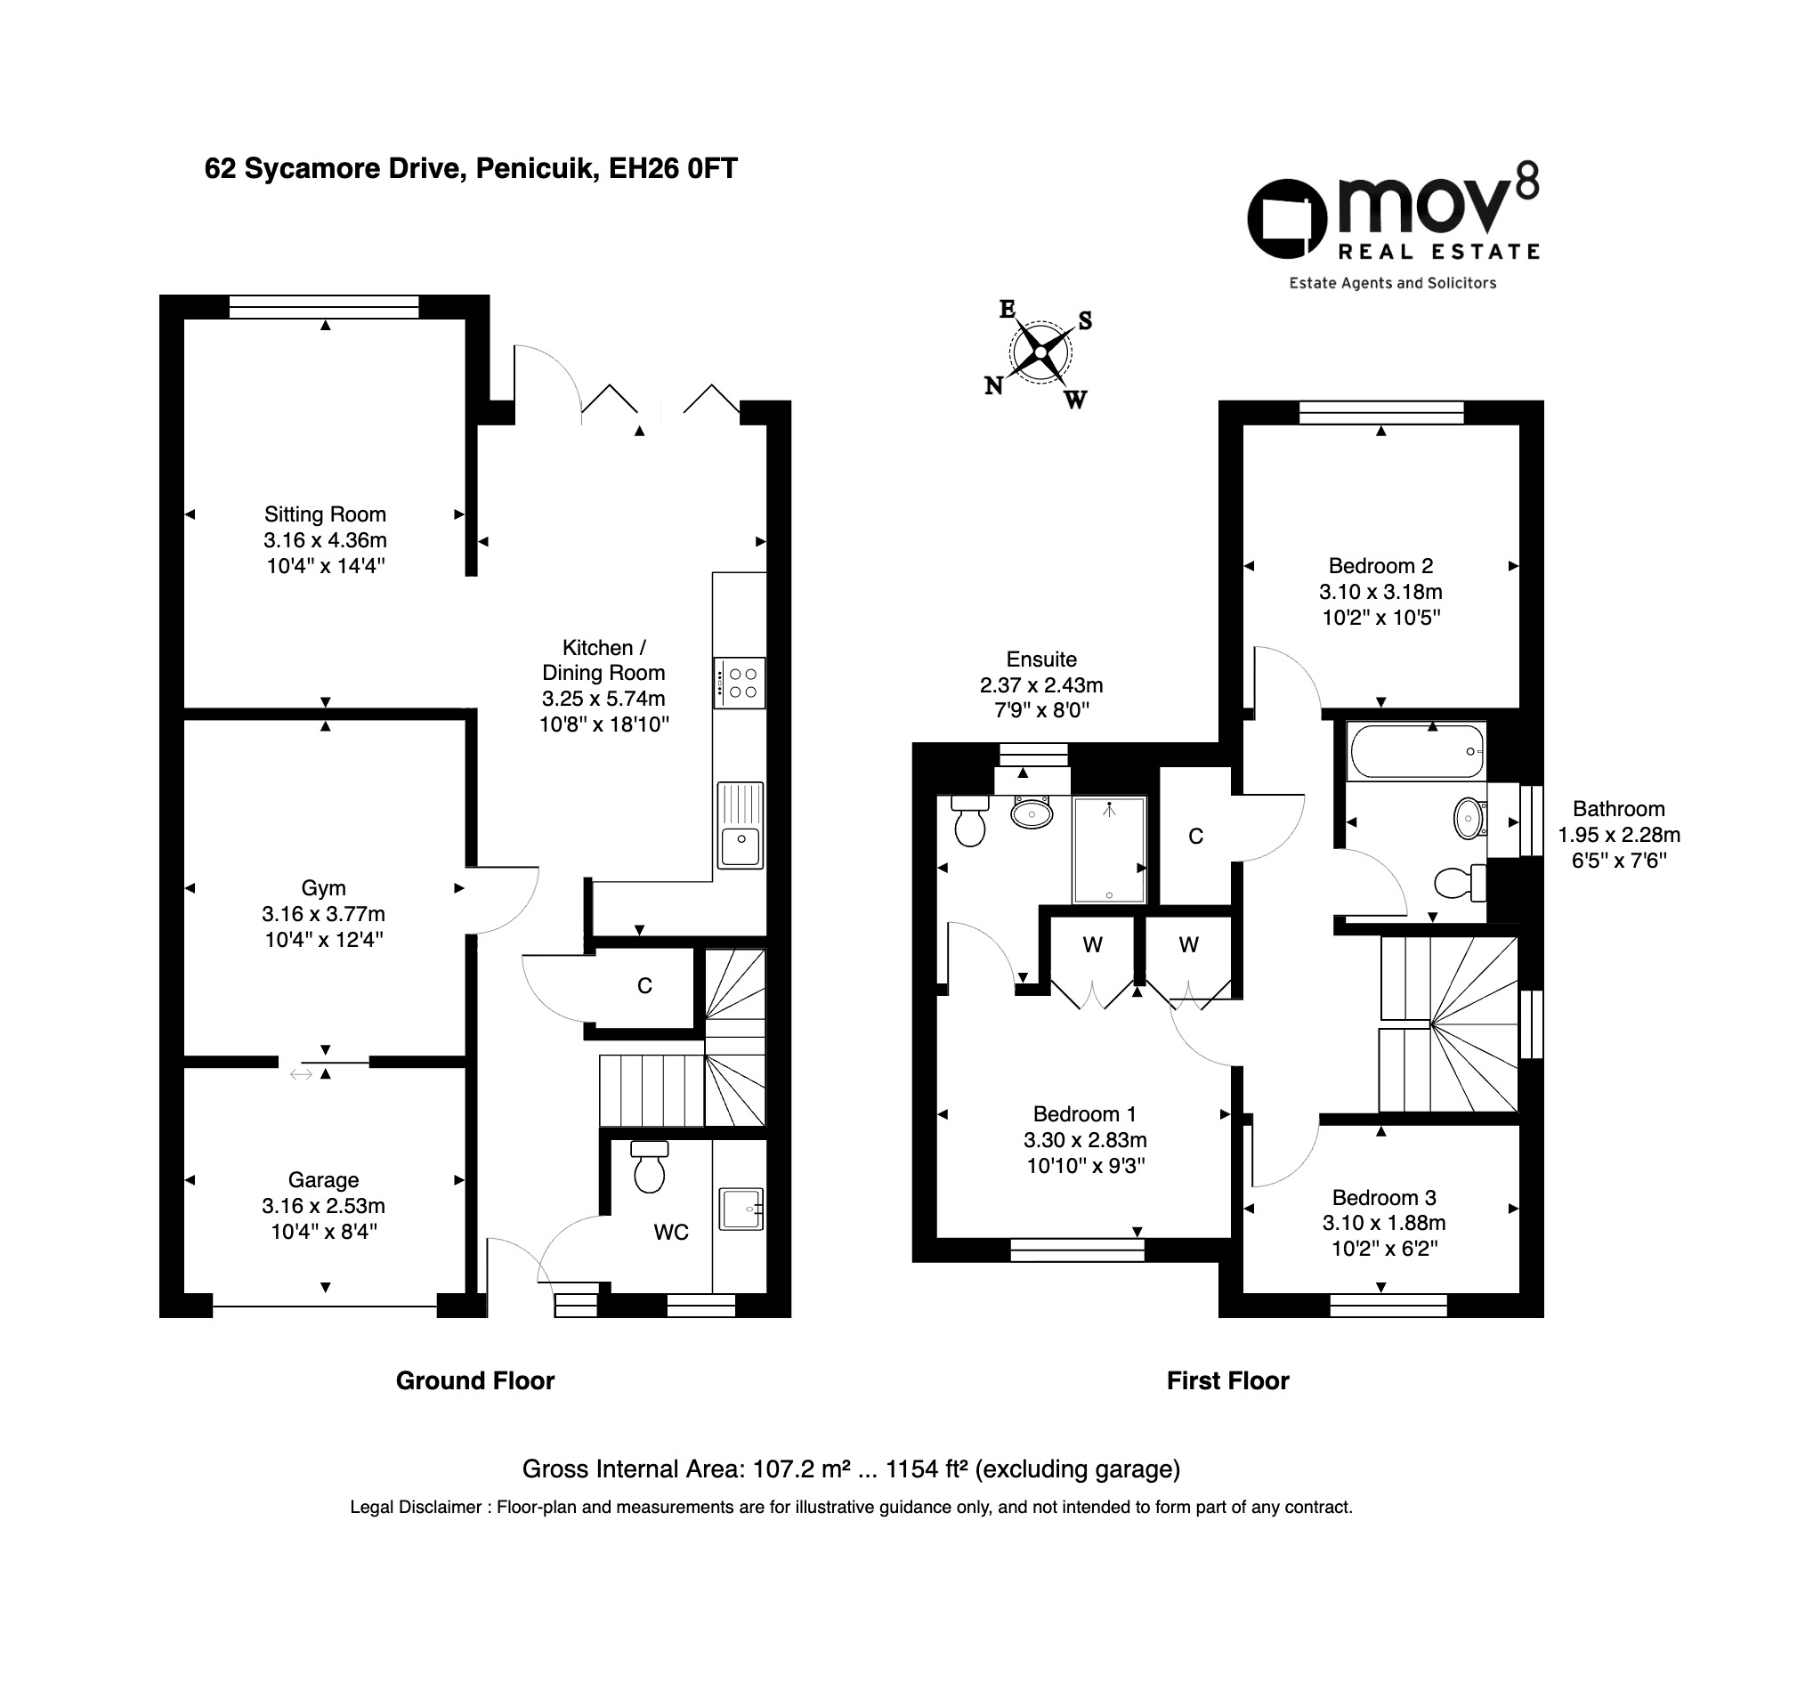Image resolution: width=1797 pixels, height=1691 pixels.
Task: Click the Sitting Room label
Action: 325,514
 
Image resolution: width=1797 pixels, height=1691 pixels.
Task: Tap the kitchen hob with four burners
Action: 740,683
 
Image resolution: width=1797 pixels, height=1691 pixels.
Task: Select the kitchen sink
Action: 741,825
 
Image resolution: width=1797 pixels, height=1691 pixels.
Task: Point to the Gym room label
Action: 324,887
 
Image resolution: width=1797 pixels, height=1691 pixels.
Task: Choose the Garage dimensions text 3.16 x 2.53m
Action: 324,1206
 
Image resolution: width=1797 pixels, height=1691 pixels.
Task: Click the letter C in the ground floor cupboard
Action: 644,986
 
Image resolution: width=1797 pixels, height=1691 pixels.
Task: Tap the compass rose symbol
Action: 1041,352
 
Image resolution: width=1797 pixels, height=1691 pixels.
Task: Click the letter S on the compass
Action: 1085,321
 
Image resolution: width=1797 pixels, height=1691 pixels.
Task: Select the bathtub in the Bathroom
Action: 1415,751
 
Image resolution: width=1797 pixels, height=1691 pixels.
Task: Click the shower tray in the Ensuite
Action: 1109,850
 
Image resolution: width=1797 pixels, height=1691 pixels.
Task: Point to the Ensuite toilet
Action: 970,820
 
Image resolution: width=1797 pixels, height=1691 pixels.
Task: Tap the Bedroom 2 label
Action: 1380,566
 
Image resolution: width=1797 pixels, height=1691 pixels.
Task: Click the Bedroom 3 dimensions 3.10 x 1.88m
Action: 1384,1223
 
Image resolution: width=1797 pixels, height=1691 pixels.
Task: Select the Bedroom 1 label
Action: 1084,1114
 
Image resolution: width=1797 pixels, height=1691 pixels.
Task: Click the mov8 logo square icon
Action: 1286,219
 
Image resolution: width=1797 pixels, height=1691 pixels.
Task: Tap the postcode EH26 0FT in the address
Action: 673,169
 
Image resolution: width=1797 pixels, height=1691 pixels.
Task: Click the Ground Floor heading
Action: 474,1380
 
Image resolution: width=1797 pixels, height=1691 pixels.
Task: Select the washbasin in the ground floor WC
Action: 741,1209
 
